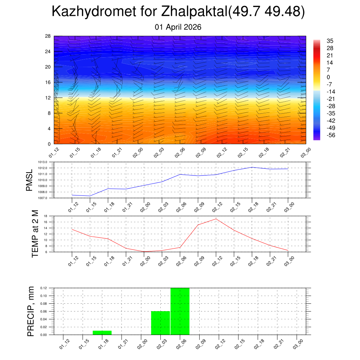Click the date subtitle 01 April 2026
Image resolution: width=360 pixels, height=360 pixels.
[178, 27]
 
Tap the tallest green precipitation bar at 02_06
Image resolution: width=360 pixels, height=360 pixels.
[180, 311]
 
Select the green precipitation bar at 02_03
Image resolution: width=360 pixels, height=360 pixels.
[160, 323]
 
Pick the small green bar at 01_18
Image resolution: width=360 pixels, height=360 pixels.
[102, 333]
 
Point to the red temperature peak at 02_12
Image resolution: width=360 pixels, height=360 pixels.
[216, 219]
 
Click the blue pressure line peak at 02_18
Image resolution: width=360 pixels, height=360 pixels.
[252, 167]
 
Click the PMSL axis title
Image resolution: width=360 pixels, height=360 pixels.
[29, 180]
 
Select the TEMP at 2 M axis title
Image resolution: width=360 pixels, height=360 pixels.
[35, 233]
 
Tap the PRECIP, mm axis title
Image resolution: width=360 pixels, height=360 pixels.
[31, 311]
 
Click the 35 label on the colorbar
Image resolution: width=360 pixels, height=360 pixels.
[330, 41]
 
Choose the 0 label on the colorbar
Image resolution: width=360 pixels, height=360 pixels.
[328, 77]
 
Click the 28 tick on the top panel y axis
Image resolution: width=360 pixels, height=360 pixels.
[48, 36]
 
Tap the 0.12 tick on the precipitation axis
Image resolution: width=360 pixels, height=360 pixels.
[44, 288]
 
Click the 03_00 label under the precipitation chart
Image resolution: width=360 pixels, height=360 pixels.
[297, 343]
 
